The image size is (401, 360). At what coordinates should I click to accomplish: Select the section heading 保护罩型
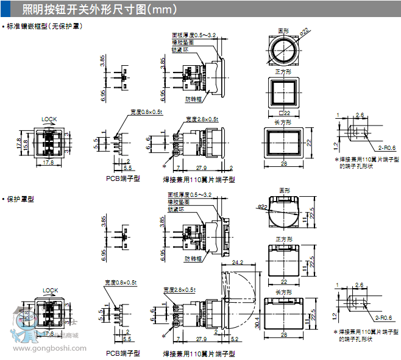pyautogui.click(x=21, y=199)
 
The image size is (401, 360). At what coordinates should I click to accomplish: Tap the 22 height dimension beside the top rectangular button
pyautogui.click(x=309, y=143)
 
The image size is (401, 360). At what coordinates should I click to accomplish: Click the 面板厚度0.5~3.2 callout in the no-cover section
pyautogui.click(x=193, y=35)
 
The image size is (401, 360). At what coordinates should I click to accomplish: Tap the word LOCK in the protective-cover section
pyautogui.click(x=50, y=291)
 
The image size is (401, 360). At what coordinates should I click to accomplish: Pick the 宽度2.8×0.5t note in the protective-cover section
pyautogui.click(x=181, y=289)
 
